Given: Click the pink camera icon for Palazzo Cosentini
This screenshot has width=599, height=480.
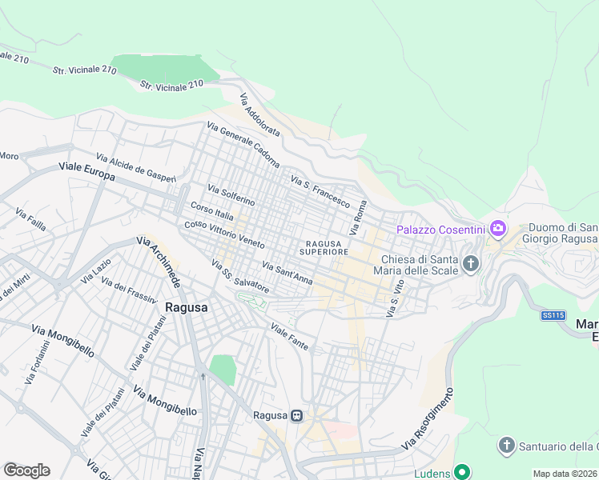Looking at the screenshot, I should coord(497,230).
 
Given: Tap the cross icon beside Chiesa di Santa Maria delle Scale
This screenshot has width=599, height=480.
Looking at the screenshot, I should coord(471,262).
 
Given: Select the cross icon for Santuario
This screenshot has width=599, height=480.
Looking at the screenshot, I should coord(506,446).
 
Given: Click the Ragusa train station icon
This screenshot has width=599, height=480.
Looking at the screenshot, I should coord(297,415).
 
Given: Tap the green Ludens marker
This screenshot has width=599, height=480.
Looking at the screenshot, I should coord(461,472).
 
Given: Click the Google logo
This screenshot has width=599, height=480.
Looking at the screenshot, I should coord(26,470).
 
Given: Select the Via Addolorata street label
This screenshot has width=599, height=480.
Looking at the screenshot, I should coord(259,114).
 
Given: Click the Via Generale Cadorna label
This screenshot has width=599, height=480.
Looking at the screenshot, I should coord(243,144).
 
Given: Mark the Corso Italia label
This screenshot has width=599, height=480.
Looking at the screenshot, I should coord(213,212).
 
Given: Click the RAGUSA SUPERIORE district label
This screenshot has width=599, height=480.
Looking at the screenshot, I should coord(324,247).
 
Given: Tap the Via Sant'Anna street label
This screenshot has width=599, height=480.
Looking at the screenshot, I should coord(287,273).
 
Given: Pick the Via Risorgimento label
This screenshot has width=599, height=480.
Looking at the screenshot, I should coord(427,418).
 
